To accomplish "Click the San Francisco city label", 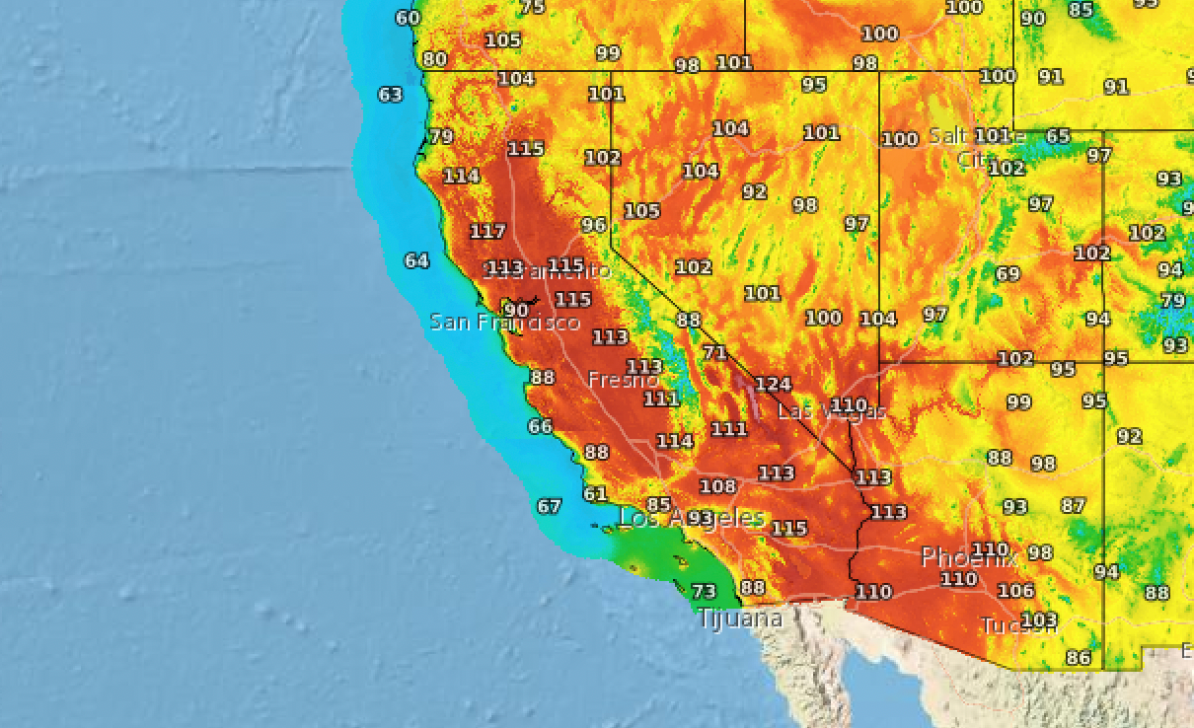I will [504, 323].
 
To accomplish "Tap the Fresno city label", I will [623, 380].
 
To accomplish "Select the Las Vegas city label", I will [831, 411].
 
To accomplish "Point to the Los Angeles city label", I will [691, 518].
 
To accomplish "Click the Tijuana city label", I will [740, 619].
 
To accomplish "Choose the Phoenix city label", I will [968, 557].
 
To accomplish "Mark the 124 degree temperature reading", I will [774, 384].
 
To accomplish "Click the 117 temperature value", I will [487, 232].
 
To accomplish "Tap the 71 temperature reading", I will [714, 353].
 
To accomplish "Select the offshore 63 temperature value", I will [391, 95].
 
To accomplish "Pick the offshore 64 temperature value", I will [416, 261].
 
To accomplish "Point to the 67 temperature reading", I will [549, 507].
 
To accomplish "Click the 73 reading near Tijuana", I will [703, 592].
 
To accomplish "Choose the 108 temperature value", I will [717, 486].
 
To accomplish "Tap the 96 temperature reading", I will [593, 225].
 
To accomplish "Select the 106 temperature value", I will [1015, 591].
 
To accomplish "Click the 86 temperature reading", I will [1079, 658].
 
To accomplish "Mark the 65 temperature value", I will [1058, 136].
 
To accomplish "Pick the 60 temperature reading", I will [408, 18].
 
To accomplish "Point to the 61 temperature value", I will [595, 494].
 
